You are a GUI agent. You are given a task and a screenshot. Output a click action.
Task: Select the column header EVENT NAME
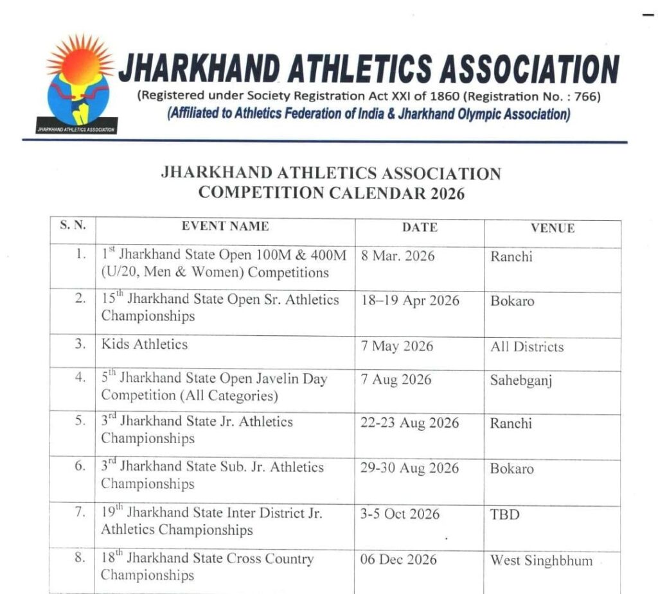[x=225, y=226]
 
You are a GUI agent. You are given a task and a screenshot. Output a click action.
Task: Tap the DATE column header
[x=420, y=227]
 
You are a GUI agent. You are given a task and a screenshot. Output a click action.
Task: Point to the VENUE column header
[x=553, y=228]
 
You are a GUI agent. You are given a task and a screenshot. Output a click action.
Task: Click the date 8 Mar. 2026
[x=398, y=256]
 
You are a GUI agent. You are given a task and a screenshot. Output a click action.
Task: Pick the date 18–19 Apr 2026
[x=410, y=301]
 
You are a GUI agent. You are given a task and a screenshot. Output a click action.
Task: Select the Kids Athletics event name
[x=145, y=344]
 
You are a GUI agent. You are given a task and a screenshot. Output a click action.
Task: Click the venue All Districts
[x=527, y=347]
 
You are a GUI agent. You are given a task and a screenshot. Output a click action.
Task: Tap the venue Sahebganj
[x=521, y=380]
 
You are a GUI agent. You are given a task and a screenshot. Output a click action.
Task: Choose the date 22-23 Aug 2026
[x=409, y=423]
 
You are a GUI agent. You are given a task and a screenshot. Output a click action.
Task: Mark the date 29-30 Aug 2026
[x=409, y=468]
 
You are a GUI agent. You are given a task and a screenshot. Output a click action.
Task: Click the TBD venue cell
[x=505, y=514]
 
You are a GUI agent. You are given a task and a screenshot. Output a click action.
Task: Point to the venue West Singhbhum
[x=542, y=561]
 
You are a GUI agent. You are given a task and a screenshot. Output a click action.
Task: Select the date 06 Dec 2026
[x=398, y=559]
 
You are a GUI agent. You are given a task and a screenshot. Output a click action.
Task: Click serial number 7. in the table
[x=80, y=512]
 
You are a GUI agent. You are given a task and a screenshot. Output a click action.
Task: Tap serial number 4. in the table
[x=80, y=378]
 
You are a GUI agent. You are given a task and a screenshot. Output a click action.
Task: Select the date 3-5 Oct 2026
[x=400, y=514]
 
